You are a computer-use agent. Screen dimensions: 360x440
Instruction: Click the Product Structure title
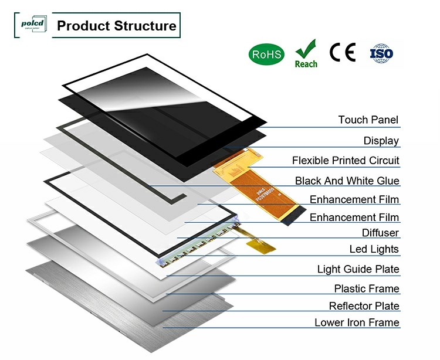[116, 26]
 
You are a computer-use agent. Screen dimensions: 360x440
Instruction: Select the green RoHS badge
[267, 55]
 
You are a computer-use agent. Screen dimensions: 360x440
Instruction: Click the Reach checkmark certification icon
[306, 53]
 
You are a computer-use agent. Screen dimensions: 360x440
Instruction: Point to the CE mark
[343, 53]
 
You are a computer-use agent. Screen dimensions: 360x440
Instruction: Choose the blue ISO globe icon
[381, 53]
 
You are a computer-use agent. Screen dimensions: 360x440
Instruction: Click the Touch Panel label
[368, 120]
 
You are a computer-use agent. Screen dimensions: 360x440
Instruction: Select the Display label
[381, 141]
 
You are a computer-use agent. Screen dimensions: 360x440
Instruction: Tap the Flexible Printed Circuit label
[346, 161]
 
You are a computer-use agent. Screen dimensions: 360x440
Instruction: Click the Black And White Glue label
[347, 181]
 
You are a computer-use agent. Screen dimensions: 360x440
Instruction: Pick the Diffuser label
[380, 233]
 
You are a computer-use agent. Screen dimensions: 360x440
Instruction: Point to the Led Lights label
[374, 250]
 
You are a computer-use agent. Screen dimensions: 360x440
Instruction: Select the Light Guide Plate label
[358, 270]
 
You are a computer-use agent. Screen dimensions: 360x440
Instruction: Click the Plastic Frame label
[367, 289]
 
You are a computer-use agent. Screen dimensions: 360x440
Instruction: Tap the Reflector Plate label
[364, 306]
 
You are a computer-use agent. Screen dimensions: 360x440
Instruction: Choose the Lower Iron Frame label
[357, 323]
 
